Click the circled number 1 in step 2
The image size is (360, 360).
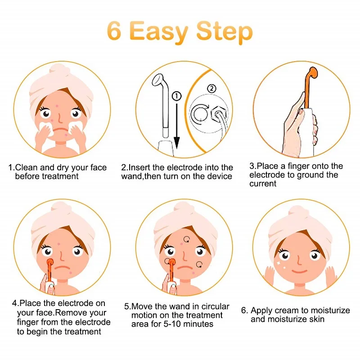[x=176, y=96]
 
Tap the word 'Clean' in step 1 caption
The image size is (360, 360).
[x=26, y=167]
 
